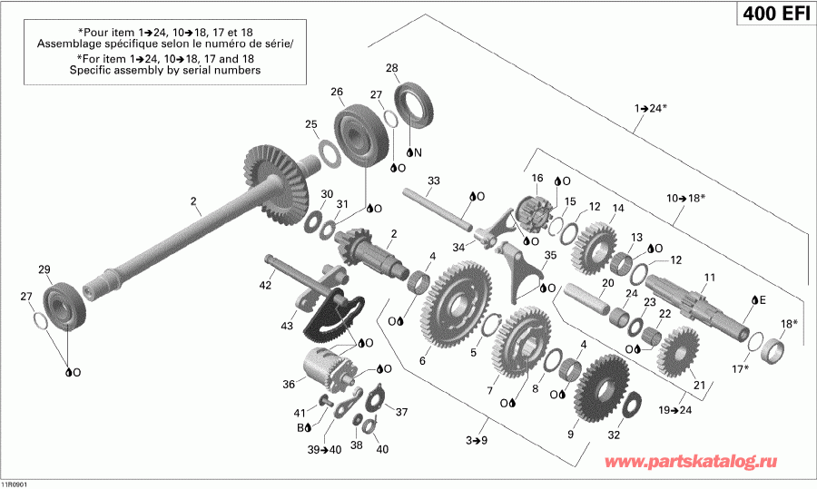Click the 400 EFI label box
pyautogui.click(x=769, y=16)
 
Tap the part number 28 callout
pyautogui.click(x=391, y=68)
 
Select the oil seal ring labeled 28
pyautogui.click(x=418, y=106)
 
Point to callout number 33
pyautogui.click(x=433, y=181)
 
